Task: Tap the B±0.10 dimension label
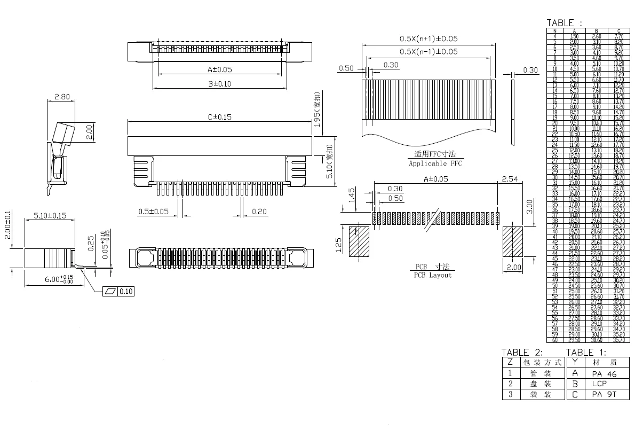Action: point(220,83)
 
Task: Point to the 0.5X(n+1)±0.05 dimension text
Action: point(428,39)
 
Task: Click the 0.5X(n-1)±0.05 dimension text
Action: point(428,52)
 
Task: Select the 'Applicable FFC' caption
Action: point(435,163)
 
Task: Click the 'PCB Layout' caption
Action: point(433,275)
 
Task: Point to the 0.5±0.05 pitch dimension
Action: point(153,212)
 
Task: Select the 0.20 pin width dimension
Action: point(259,212)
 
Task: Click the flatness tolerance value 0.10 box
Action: point(126,291)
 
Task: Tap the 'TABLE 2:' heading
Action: point(522,352)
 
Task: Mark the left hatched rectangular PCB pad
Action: point(359,242)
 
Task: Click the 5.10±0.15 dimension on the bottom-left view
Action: point(50,216)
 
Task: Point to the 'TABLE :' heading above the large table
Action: point(565,23)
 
